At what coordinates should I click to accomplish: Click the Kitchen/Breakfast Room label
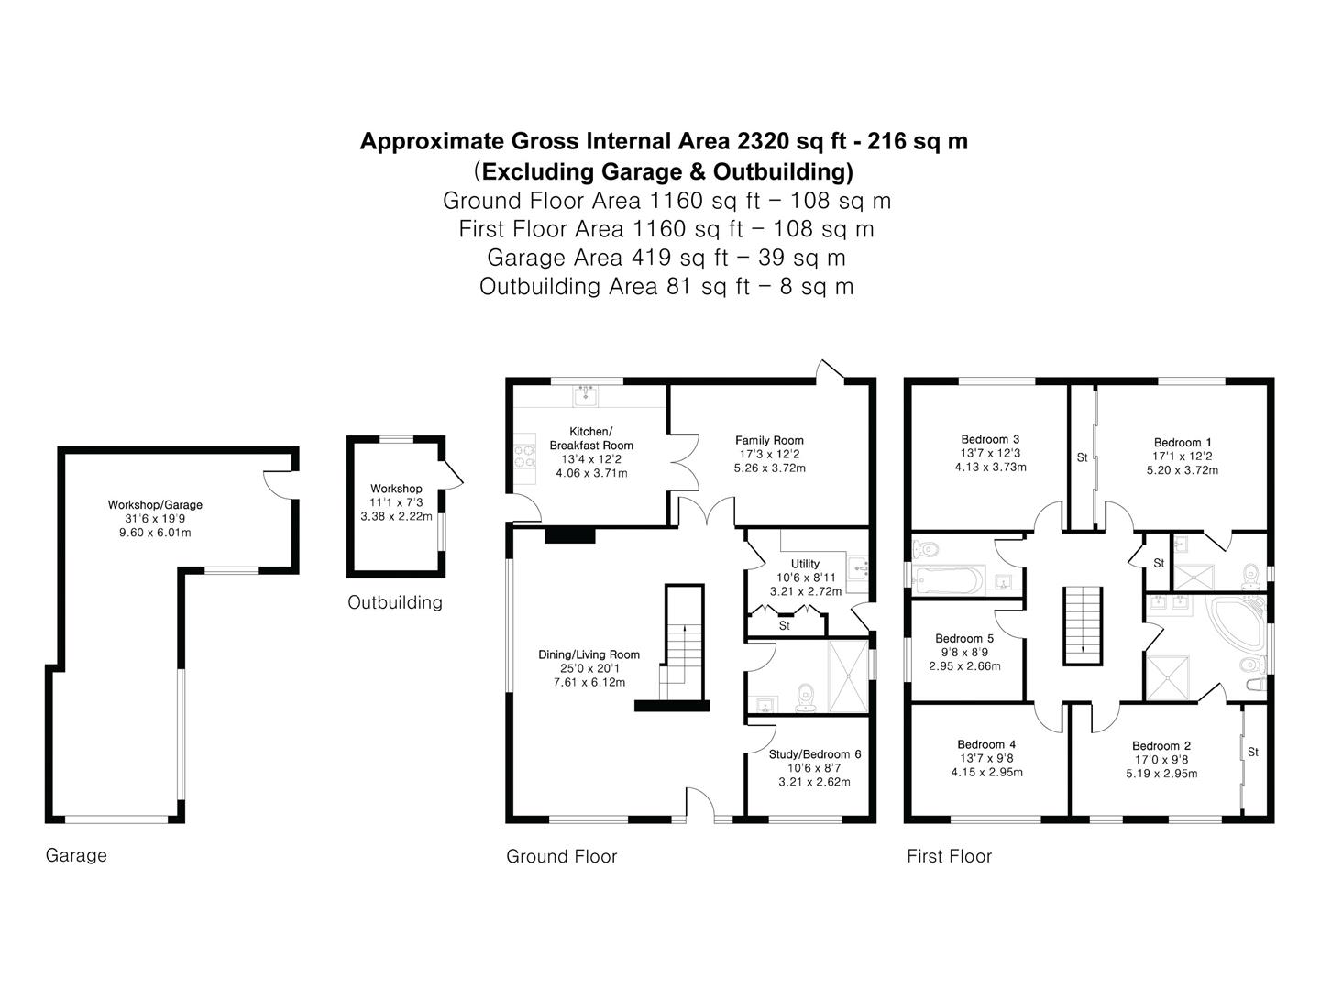pos(591,438)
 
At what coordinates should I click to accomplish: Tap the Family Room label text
pos(769,440)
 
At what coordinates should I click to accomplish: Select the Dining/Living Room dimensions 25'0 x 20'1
pos(588,668)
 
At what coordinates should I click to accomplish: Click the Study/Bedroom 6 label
pos(814,753)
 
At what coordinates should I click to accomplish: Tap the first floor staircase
pos(1083,623)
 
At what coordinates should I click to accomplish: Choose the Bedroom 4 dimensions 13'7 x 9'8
pos(986,758)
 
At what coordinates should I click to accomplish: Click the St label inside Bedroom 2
pos(1253,752)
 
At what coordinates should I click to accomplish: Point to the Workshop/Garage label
pos(155,504)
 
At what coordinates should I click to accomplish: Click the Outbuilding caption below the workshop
pos(394,602)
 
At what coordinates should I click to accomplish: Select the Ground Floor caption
pos(561,856)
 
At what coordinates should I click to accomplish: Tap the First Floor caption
pos(949,856)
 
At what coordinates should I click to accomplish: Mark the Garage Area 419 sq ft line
pos(665,257)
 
